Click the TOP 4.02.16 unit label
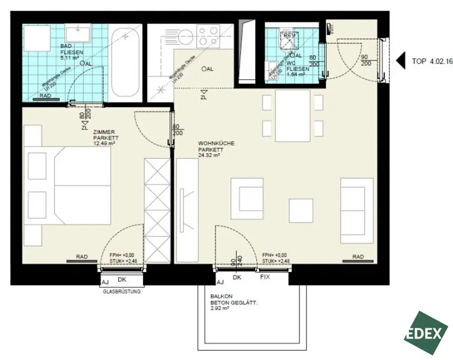[432, 61]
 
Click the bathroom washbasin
[78, 33]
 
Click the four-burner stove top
[208, 35]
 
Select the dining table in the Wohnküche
[292, 115]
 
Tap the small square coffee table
[301, 211]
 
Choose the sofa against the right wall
[356, 210]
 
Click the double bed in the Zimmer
[71, 185]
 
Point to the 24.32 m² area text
[209, 155]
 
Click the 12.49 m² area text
[104, 143]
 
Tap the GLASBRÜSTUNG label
[122, 291]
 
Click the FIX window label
[265, 277]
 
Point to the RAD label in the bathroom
[45, 96]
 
